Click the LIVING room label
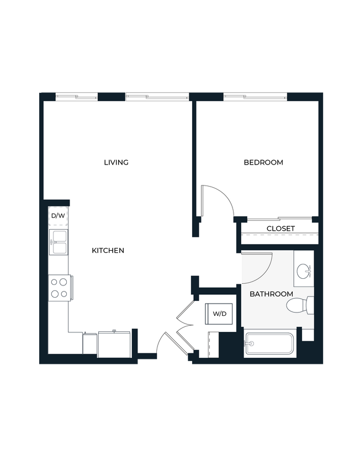[116, 162]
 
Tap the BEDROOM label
[263, 162]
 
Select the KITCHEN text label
[108, 251]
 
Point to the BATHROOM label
[271, 294]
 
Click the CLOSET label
[280, 229]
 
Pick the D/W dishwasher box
[57, 216]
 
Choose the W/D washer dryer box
[220, 314]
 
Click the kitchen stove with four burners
[59, 288]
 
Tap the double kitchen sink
[58, 242]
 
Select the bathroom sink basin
[304, 271]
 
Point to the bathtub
[270, 344]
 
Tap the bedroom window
[255, 97]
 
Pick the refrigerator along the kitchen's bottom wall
[114, 344]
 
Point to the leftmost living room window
[77, 97]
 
